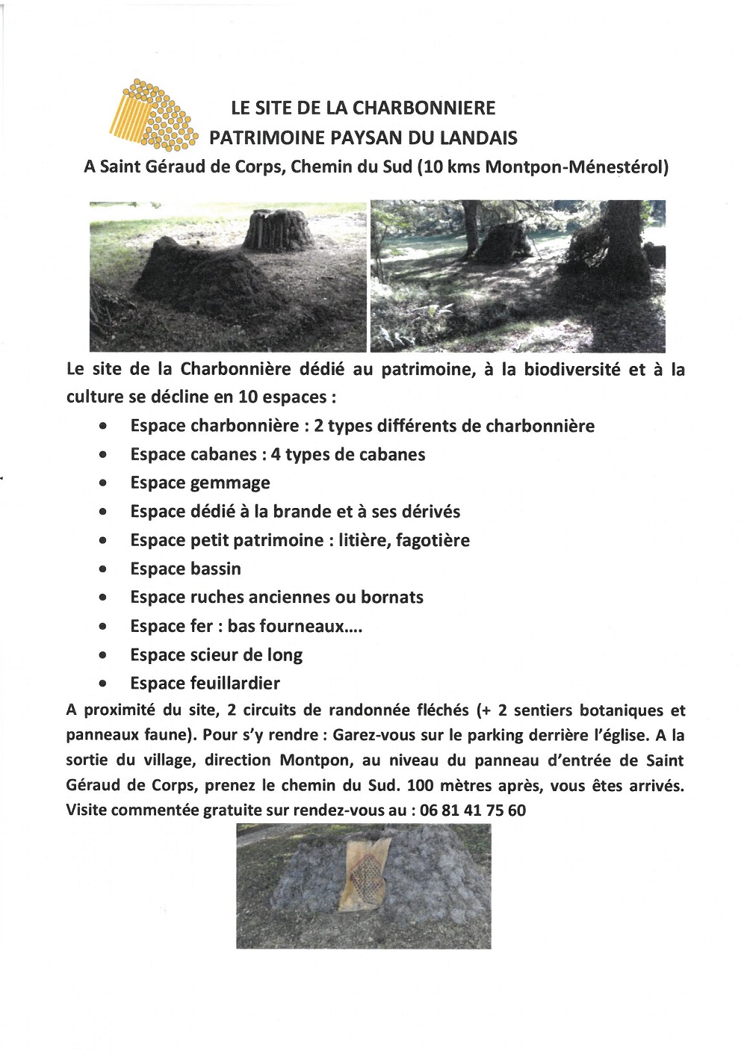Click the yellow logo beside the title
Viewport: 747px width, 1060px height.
[154, 114]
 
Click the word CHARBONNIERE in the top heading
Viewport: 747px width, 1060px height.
[424, 108]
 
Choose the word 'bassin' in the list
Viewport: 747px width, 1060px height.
[216, 569]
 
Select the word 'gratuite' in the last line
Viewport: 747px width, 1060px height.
[234, 810]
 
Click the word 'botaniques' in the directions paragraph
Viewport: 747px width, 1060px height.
[623, 710]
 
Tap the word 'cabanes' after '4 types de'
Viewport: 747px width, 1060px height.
[394, 454]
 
